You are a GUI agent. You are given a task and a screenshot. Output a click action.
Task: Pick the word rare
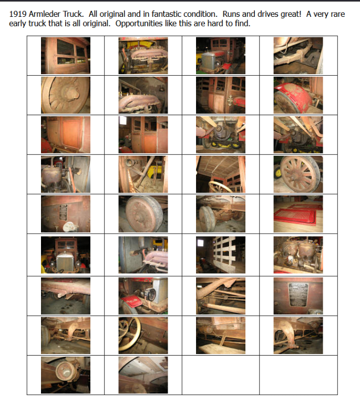coord(336,15)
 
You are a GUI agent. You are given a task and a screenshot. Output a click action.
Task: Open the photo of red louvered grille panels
coord(298,214)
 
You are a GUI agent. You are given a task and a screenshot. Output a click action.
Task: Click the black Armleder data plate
coord(298,295)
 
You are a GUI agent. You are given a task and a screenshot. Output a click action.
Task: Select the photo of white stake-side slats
coord(221,255)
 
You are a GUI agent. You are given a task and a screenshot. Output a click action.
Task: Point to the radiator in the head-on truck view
coord(65,261)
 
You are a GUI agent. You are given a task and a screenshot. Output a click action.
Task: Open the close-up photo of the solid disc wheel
coord(143,214)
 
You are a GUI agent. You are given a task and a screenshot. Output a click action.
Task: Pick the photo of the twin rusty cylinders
coord(298,255)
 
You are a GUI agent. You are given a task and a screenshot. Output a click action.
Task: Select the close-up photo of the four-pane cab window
coord(66,56)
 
